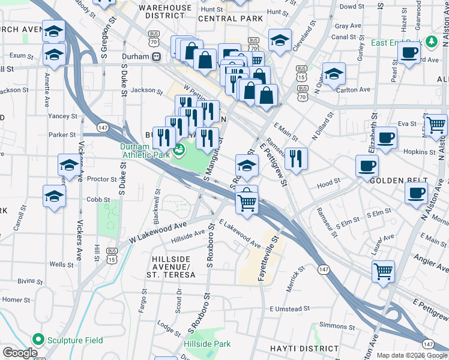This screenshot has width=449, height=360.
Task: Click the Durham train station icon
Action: [x=156, y=56]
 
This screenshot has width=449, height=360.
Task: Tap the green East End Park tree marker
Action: [x=430, y=41]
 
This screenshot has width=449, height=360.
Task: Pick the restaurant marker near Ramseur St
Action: [x=295, y=158]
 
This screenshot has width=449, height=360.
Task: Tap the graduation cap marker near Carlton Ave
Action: [x=334, y=74]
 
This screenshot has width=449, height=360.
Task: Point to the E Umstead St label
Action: [x=289, y=308]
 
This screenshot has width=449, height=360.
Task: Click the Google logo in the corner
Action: [x=20, y=353]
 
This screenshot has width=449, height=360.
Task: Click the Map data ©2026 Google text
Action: [x=412, y=355]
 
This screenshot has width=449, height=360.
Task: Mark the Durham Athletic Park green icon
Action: [x=178, y=149]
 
